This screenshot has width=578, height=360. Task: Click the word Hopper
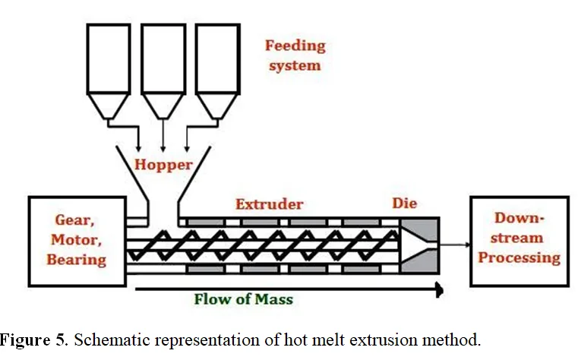[163, 165]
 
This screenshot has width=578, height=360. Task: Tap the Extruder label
[270, 204]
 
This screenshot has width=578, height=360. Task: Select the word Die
[404, 203]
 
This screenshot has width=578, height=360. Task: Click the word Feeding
[295, 46]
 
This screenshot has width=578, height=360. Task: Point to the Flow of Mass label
[244, 298]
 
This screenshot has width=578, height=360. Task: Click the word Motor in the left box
[76, 240]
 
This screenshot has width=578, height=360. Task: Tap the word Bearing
[76, 260]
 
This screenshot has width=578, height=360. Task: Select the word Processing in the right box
[520, 258]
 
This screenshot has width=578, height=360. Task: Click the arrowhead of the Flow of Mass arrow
[440, 289]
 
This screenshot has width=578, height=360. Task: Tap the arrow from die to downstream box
[455, 245]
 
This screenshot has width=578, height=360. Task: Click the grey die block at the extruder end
[420, 245]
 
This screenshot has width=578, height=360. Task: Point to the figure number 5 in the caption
[60, 339]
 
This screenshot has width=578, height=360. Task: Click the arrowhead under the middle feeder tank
[163, 149]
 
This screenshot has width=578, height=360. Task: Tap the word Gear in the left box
[74, 220]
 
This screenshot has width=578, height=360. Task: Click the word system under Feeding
[295, 66]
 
